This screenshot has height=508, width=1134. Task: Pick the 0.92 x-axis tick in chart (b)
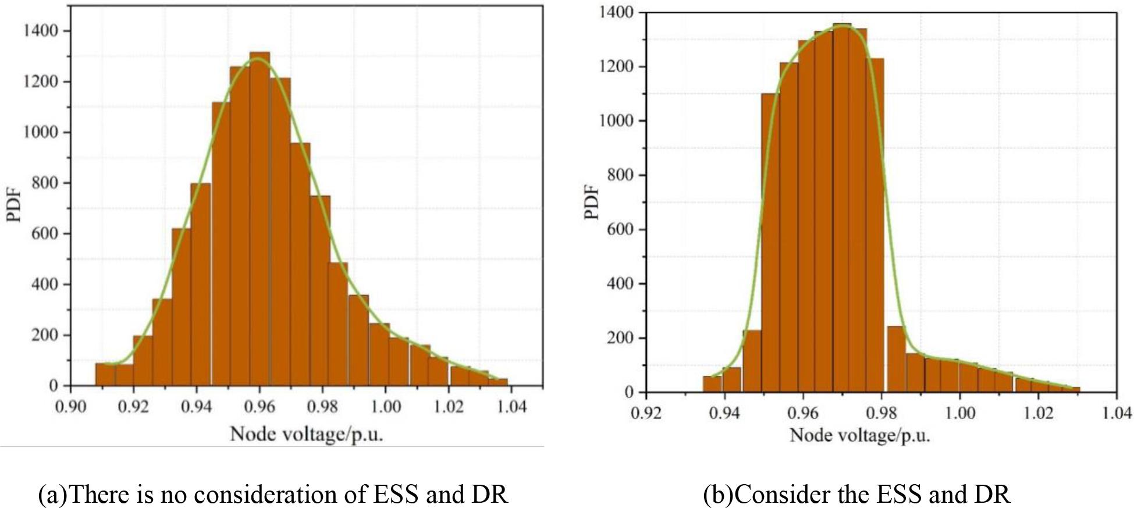646,413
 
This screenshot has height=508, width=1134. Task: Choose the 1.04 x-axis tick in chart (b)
1116,413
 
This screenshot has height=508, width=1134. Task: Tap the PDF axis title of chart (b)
592,202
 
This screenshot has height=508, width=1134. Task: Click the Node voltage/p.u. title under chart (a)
307,434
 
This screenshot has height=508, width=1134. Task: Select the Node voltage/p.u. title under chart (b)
859,435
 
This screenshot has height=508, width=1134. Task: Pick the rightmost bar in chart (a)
498,382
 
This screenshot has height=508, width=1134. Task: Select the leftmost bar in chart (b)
712,384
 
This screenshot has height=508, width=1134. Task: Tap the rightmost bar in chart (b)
1075,389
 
